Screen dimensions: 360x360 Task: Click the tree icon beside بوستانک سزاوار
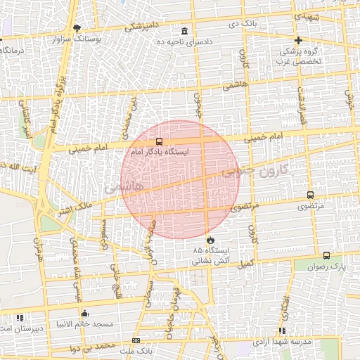point(77,28)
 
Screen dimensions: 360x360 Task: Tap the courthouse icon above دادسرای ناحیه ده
point(185,32)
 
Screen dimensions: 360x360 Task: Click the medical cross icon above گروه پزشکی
point(299,40)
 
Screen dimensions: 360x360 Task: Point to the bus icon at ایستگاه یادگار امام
point(159,141)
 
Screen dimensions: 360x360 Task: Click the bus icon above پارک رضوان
point(327,256)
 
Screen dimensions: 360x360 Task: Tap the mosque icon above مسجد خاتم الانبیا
point(85,313)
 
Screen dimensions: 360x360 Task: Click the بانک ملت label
point(136,349)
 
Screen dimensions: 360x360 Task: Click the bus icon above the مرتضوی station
point(310,195)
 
